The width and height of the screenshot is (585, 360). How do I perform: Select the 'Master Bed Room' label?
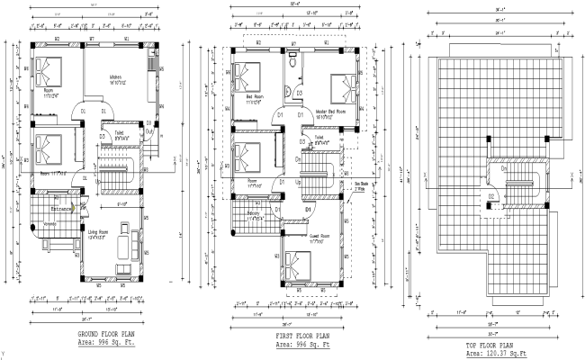[x=331, y=112]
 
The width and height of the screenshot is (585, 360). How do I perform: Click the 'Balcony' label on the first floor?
[x=256, y=212]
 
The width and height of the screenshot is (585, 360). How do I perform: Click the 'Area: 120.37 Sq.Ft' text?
[x=491, y=355]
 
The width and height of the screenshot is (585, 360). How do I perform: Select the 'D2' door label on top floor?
[x=492, y=195]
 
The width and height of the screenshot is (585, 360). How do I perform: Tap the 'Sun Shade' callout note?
[x=361, y=187]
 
